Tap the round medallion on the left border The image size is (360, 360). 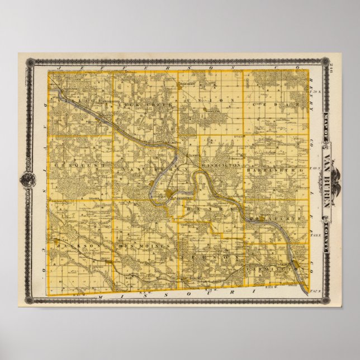tap(26, 179)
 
